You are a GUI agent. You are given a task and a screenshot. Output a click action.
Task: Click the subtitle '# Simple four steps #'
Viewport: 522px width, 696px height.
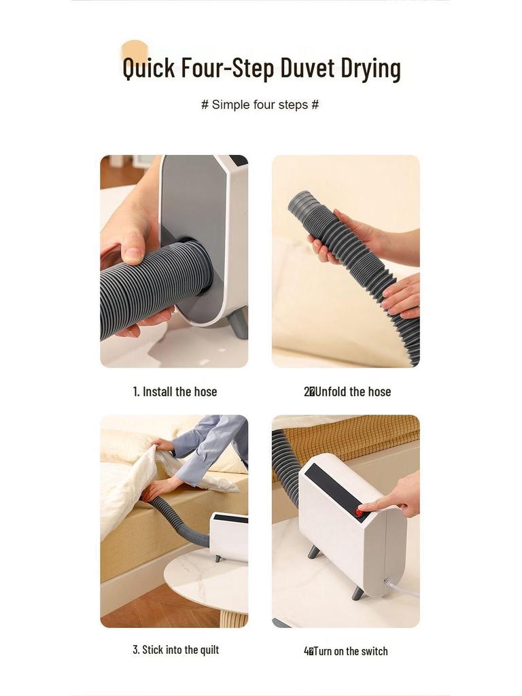pyautogui.click(x=260, y=105)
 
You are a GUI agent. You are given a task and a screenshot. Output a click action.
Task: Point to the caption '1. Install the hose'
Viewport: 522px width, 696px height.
pyautogui.click(x=175, y=391)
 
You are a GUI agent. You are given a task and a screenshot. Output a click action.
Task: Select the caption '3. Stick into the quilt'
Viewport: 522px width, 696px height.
pyautogui.click(x=175, y=650)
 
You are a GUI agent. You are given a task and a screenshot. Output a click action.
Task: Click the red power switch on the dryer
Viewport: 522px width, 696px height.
pyautogui.click(x=359, y=512)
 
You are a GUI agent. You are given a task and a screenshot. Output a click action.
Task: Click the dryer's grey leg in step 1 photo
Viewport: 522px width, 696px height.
pyautogui.click(x=239, y=323)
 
